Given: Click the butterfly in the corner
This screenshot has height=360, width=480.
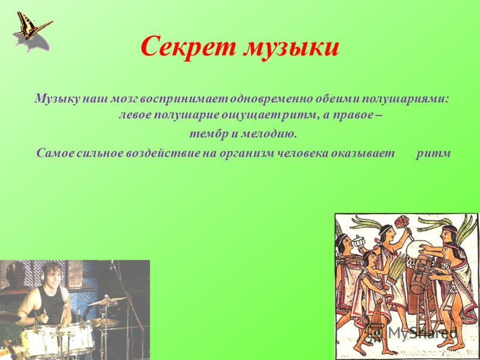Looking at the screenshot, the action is tap(33, 26).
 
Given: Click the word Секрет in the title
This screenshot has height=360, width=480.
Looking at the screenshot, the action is tap(188, 47).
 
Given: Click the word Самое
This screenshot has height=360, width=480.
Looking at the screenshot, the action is tap(55, 153).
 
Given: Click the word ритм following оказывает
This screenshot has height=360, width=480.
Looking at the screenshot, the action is tap(433, 154).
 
